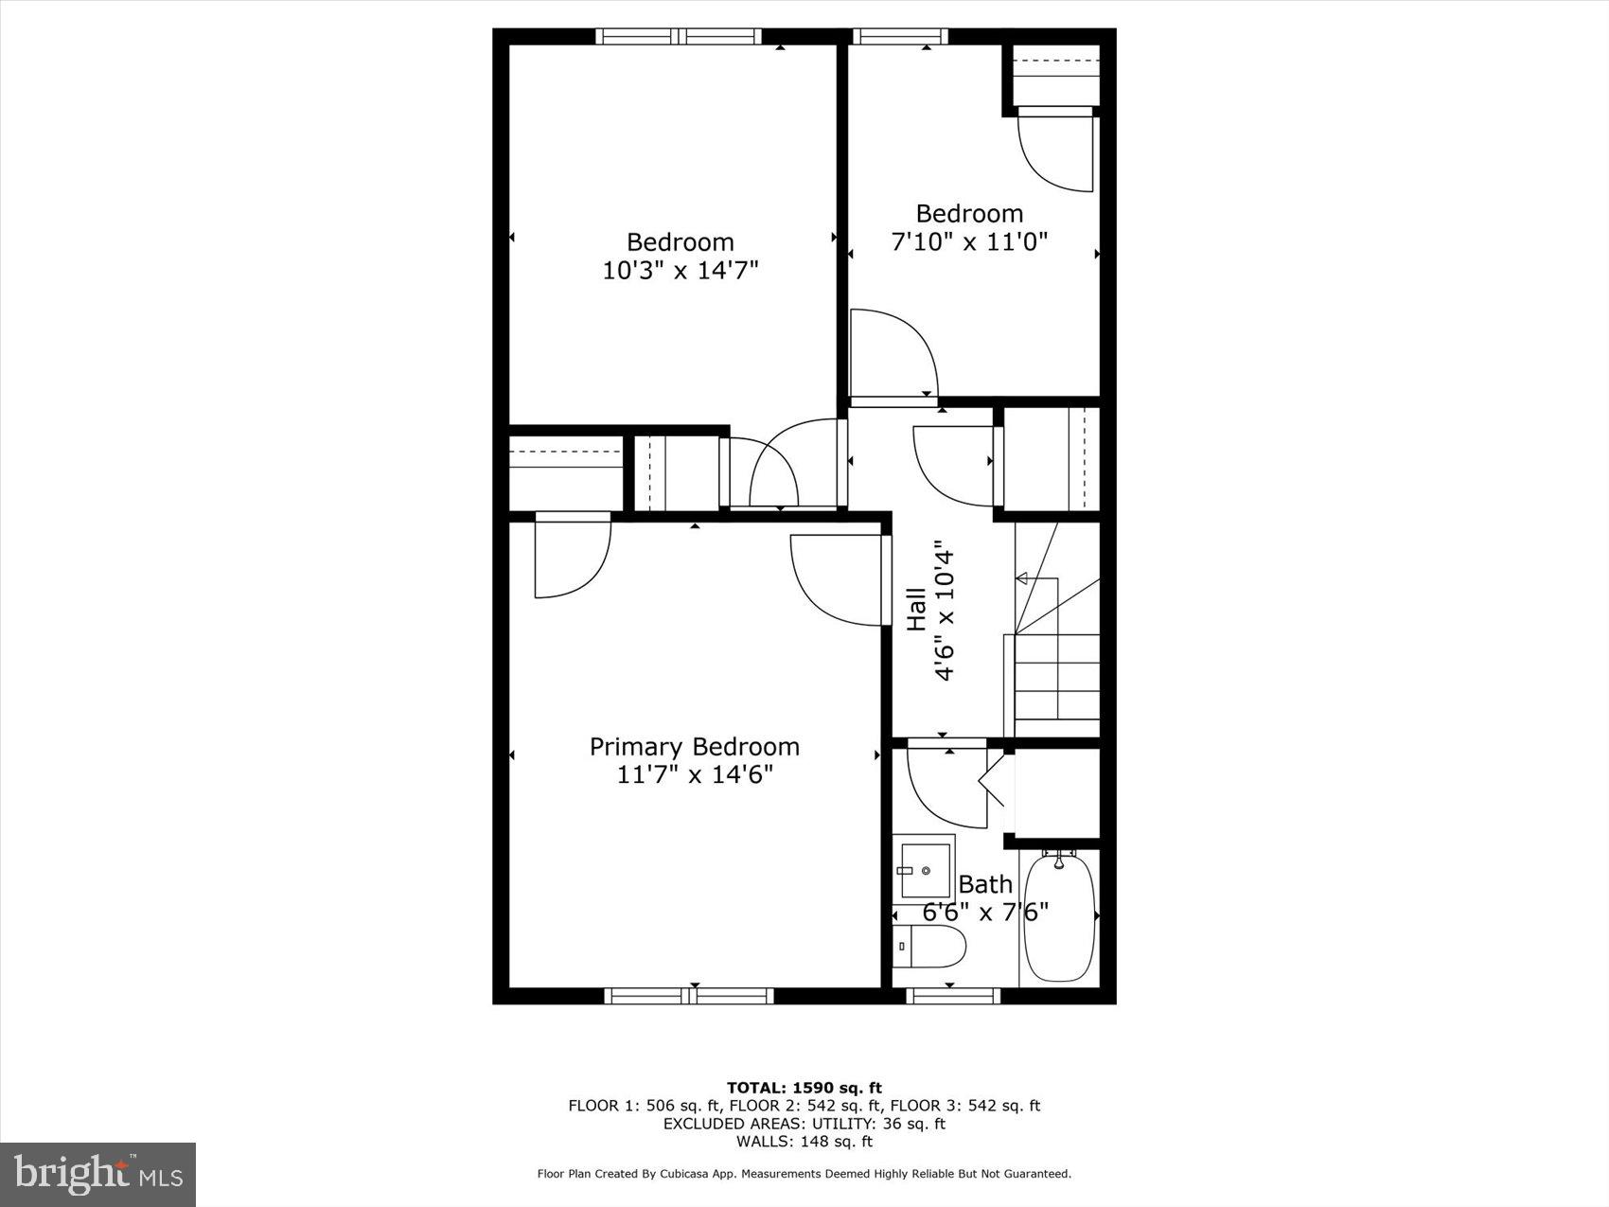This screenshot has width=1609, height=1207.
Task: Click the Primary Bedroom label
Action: [x=694, y=747]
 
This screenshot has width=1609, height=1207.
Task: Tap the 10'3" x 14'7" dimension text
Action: [x=681, y=271]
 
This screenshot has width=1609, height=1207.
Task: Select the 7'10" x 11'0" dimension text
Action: [x=969, y=242]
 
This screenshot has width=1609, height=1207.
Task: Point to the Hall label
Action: [x=917, y=609]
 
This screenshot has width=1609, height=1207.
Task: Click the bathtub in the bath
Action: [x=1059, y=916]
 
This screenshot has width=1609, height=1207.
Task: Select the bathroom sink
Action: [x=924, y=869]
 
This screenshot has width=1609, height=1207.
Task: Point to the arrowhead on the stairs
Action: [x=1021, y=577]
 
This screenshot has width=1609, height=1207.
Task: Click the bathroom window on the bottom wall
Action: [x=952, y=995]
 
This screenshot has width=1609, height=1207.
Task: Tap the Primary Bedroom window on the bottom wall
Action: [x=689, y=995]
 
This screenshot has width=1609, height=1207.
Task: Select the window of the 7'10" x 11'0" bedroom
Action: [x=899, y=37]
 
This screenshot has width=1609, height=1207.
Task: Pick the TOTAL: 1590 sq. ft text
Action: [x=804, y=1088]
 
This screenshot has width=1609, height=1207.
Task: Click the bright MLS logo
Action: [x=97, y=1175]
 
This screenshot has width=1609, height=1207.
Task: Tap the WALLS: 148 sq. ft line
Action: [x=804, y=1142]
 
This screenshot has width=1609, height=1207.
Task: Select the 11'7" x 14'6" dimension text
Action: [x=695, y=775]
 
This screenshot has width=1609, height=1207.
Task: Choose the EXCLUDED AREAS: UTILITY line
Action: [x=804, y=1124]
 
